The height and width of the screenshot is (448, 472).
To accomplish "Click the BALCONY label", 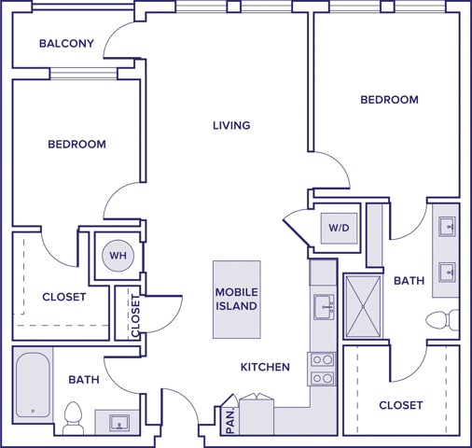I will (x=66, y=44).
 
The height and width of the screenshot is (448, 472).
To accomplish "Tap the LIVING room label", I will (x=231, y=125).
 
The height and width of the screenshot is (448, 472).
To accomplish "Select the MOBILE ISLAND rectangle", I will (x=236, y=299).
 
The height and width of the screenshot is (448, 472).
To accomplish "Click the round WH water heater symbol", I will (x=118, y=255).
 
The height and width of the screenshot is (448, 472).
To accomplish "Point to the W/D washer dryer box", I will (x=336, y=226).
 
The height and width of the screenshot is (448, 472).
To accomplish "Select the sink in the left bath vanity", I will (x=119, y=423).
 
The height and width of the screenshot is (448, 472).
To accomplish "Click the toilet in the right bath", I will (x=441, y=320).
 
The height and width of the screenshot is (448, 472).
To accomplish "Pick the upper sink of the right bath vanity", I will (x=448, y=226).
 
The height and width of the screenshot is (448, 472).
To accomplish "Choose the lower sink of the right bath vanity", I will (x=448, y=272).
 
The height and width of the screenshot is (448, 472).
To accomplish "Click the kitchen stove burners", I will (x=322, y=369).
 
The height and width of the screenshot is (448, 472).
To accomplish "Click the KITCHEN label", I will (x=265, y=368).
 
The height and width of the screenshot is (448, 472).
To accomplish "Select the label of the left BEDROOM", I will (x=76, y=145).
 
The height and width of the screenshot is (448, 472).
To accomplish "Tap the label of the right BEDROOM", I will (x=389, y=99).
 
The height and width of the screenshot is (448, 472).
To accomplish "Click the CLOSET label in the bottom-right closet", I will (x=400, y=405).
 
